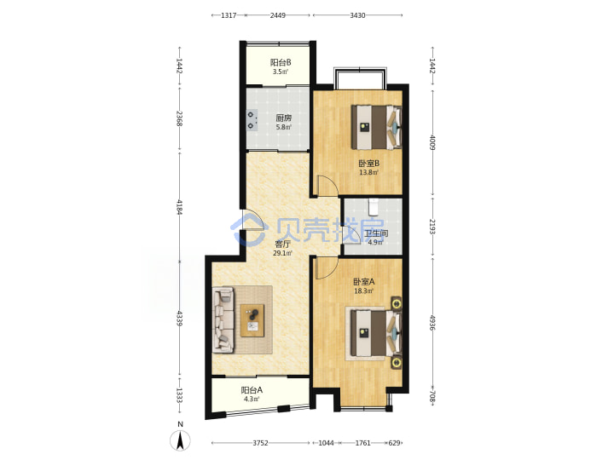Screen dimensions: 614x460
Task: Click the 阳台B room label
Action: (281, 62)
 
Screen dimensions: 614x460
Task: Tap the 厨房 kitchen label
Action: (283, 118)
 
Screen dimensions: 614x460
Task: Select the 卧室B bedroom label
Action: (368, 163)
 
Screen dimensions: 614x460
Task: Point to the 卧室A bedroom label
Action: (364, 282)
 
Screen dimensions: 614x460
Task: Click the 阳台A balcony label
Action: (252, 390)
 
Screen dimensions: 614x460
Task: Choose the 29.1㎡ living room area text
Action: (282, 253)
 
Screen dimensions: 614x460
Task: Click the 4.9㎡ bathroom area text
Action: (374, 242)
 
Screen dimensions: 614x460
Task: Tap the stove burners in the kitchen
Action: (252, 120)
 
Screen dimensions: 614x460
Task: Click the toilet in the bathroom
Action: (374, 207)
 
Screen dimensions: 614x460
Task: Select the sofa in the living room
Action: (223, 320)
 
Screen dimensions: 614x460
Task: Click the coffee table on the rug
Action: (252, 320)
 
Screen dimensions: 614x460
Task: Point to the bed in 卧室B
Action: (376, 127)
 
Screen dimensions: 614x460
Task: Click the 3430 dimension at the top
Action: (357, 15)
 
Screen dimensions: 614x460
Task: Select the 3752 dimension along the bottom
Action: (260, 443)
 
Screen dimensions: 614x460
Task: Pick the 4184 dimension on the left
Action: (180, 207)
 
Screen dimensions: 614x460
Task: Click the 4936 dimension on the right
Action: (432, 322)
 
